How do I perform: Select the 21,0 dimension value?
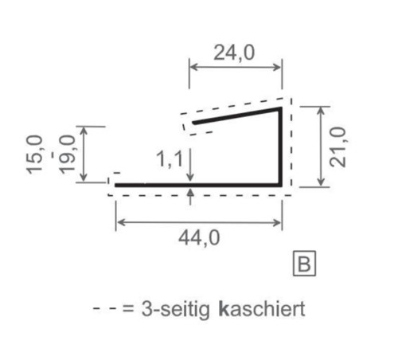click(x=340, y=146)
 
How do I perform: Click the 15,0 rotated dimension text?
click(x=37, y=155)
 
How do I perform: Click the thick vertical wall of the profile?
click(x=281, y=147)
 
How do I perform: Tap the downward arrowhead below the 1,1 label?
click(x=190, y=178)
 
